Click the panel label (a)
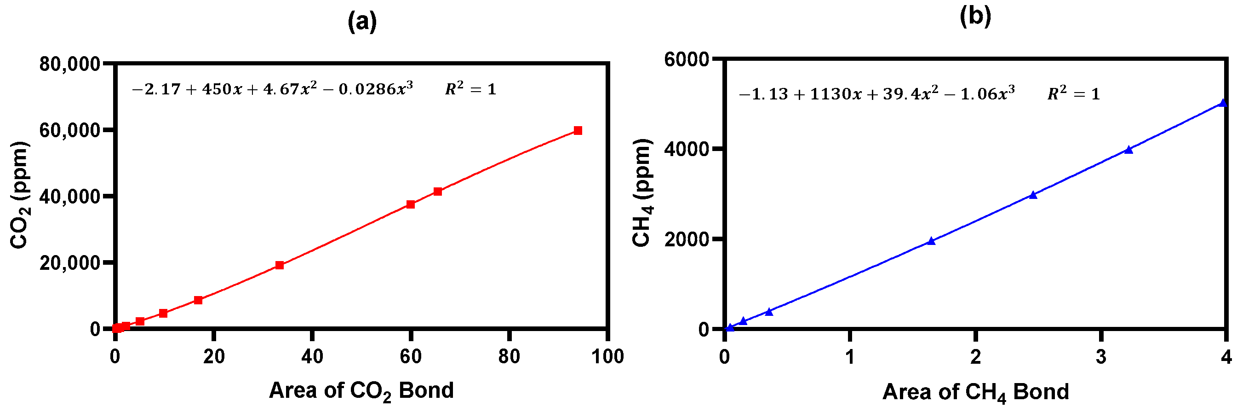click(362, 22)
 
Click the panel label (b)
click(975, 17)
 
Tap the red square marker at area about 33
click(280, 265)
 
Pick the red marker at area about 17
click(198, 300)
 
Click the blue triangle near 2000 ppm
click(931, 241)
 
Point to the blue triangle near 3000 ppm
click(1033, 195)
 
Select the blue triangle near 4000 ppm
click(1128, 150)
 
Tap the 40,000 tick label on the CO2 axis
click(69, 196)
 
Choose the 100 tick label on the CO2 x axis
click(607, 357)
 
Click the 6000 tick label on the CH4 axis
click(686, 59)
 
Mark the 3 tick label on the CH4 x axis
click(1101, 357)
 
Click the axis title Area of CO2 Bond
click(361, 390)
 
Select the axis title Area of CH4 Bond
click(975, 392)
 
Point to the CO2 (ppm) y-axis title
click(20, 195)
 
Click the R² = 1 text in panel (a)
click(470, 89)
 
